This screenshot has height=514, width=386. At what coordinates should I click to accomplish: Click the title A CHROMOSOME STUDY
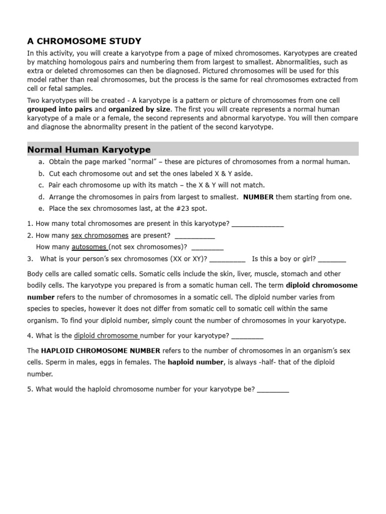84,41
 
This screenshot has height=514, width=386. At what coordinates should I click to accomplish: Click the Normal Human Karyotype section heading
88,150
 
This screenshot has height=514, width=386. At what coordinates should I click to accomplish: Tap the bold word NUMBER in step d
258,197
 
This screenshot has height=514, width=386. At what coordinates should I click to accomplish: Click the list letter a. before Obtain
41,162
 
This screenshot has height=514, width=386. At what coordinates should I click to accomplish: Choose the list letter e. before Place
41,208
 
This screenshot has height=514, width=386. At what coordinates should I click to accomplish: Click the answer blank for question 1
258,224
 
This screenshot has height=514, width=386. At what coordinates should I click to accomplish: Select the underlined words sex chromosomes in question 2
100,235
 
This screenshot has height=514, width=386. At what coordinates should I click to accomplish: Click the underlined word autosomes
89,247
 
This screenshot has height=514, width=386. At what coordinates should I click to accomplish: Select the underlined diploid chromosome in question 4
106,335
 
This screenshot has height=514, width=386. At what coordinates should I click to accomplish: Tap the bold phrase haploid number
195,362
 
